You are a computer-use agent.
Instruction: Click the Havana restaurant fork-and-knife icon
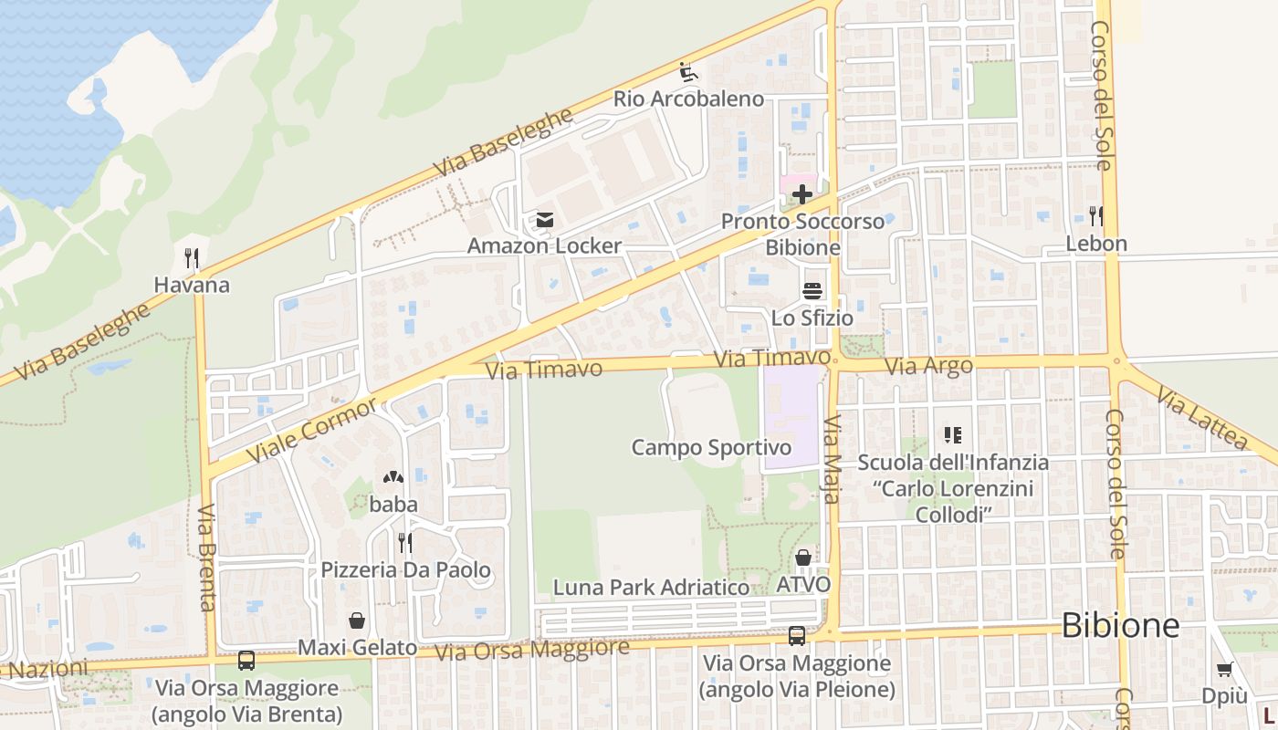click(x=192, y=258)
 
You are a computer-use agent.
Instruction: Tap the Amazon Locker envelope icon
click(x=545, y=220)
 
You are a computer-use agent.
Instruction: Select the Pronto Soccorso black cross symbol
click(x=802, y=194)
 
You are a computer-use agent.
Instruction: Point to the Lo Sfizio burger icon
click(x=812, y=291)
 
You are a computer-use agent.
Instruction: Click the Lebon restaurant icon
click(x=1096, y=216)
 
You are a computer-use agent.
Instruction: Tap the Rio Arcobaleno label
click(x=688, y=99)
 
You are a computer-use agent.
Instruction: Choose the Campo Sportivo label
click(x=711, y=447)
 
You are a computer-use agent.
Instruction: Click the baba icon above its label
click(x=393, y=477)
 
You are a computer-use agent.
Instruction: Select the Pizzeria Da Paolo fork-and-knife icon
click(x=405, y=543)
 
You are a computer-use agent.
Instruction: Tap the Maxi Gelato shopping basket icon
click(x=357, y=620)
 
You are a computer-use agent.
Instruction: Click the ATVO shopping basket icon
click(x=803, y=558)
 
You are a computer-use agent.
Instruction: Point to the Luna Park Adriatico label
click(x=651, y=588)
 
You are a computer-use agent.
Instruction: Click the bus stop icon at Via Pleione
click(x=797, y=636)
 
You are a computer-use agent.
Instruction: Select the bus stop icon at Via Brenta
click(x=246, y=660)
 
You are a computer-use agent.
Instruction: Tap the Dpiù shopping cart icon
click(x=1225, y=670)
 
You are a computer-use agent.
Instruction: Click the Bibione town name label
click(x=1121, y=626)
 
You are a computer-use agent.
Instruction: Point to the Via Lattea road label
click(x=1201, y=419)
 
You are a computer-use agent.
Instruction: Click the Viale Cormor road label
click(x=311, y=429)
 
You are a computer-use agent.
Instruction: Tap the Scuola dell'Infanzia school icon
click(x=953, y=435)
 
